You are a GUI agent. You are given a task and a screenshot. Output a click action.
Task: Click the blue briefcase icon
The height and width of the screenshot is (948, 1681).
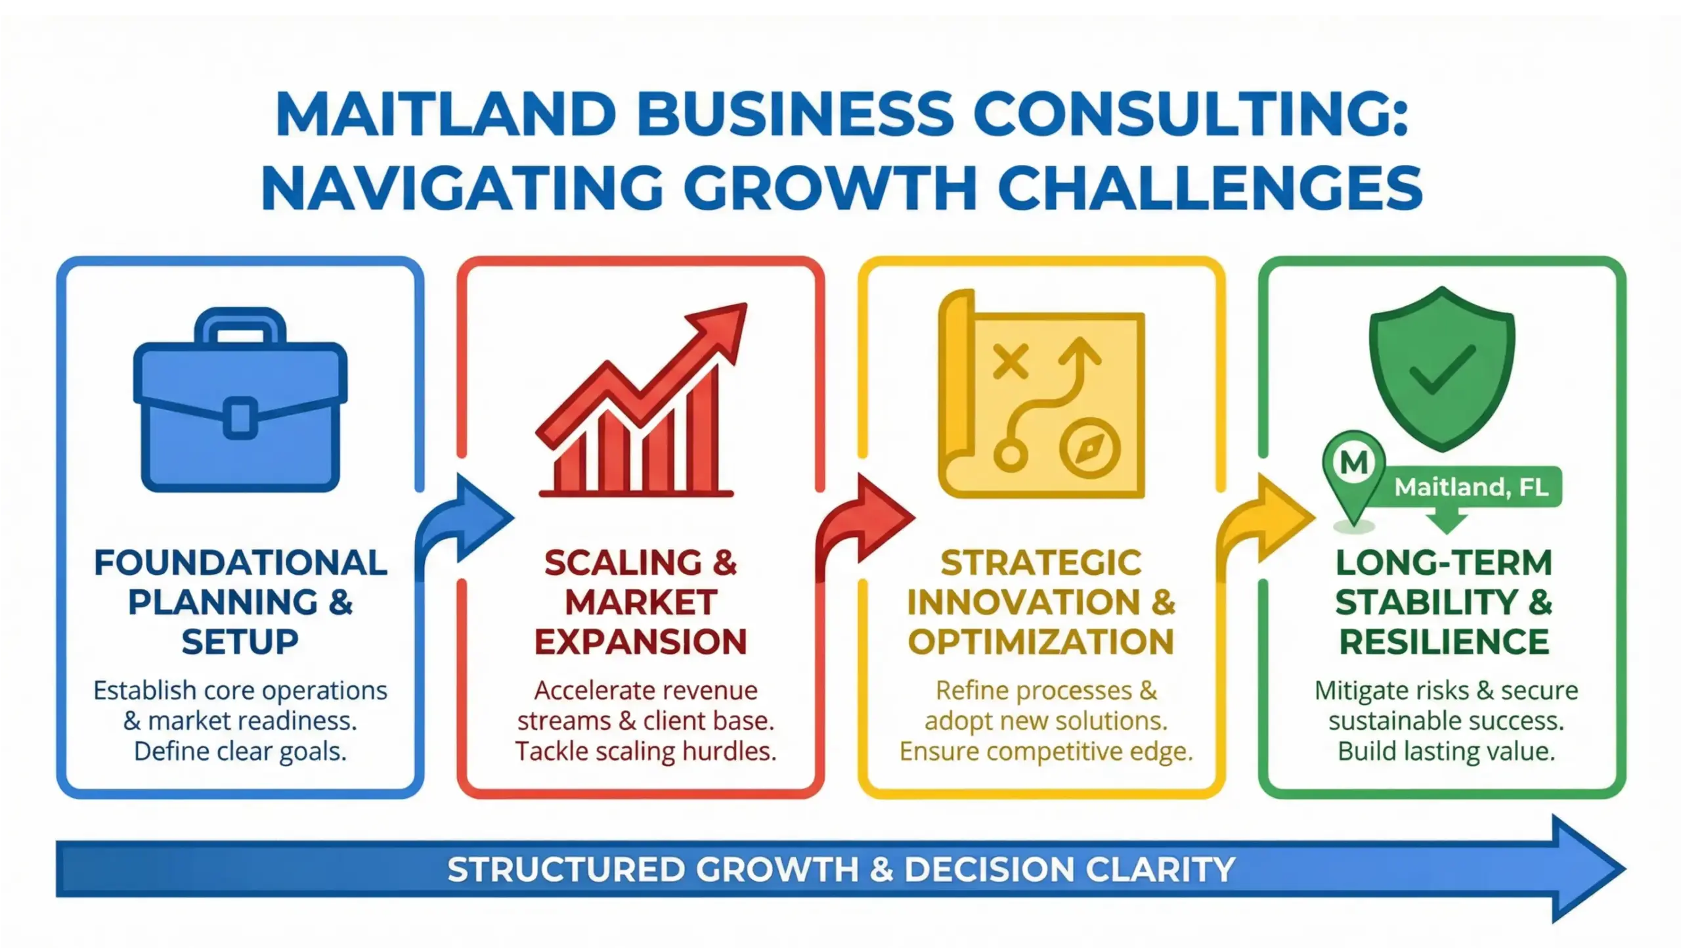pos(240,407)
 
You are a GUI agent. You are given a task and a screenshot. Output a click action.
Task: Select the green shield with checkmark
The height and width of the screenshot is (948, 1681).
pos(1442,368)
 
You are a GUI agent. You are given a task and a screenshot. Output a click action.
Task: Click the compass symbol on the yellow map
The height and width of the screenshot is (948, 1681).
pos(1089,448)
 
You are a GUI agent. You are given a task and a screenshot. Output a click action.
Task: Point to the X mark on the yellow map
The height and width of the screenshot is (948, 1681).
pos(1010,361)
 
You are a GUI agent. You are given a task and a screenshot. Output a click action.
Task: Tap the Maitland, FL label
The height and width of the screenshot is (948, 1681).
pos(1471,487)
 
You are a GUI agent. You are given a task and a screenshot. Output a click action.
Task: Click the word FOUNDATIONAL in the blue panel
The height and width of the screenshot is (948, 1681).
pos(240,563)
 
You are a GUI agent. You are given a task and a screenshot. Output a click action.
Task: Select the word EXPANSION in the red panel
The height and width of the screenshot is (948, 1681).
pos(641,642)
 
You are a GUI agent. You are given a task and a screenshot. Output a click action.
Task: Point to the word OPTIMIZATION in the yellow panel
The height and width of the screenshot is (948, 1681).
pos(1041,642)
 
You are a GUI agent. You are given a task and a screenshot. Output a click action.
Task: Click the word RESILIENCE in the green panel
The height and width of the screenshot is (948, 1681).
pos(1444,642)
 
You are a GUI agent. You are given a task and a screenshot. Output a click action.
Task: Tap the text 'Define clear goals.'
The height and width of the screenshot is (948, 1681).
pos(240,751)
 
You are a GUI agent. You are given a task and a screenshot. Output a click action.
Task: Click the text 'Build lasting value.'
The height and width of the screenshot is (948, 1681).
pos(1447,751)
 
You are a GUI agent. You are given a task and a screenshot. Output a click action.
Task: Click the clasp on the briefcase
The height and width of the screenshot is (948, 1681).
pos(240,418)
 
